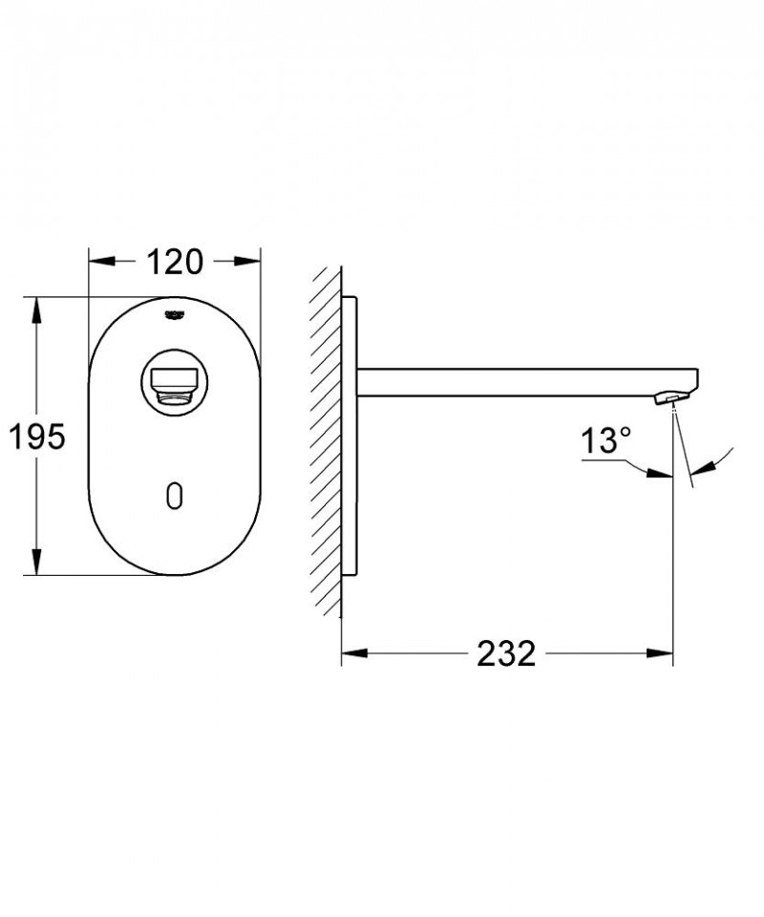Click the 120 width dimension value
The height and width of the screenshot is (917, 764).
(x=175, y=260)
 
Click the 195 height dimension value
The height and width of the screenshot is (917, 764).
(x=36, y=437)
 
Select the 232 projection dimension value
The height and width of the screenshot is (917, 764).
(x=507, y=654)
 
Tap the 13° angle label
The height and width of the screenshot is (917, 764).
(x=608, y=441)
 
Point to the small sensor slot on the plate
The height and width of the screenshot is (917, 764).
(x=175, y=494)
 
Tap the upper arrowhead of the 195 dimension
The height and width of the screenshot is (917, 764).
(x=36, y=309)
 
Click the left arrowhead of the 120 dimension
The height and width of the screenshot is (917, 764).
(x=101, y=260)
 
